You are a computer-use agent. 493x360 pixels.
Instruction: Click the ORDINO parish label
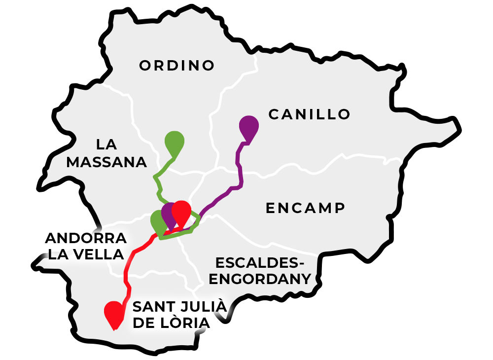coord(177,65)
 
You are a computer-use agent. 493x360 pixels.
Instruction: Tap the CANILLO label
coord(309,114)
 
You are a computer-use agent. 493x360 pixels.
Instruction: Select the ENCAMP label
coord(305,208)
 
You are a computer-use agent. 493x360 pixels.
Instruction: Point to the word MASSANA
coord(106,162)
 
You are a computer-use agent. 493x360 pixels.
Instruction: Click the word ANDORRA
coord(86,238)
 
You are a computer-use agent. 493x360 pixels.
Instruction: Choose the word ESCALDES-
coord(261,262)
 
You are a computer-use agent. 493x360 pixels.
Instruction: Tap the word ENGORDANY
coord(261,279)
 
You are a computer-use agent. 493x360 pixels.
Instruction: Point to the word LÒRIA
coord(186,323)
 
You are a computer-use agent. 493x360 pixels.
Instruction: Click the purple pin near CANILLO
coord(248,127)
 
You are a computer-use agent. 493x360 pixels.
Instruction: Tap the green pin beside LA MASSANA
coord(174,142)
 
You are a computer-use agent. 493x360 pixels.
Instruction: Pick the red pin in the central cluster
coord(182,212)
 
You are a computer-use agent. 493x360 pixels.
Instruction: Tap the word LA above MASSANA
coord(106,144)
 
